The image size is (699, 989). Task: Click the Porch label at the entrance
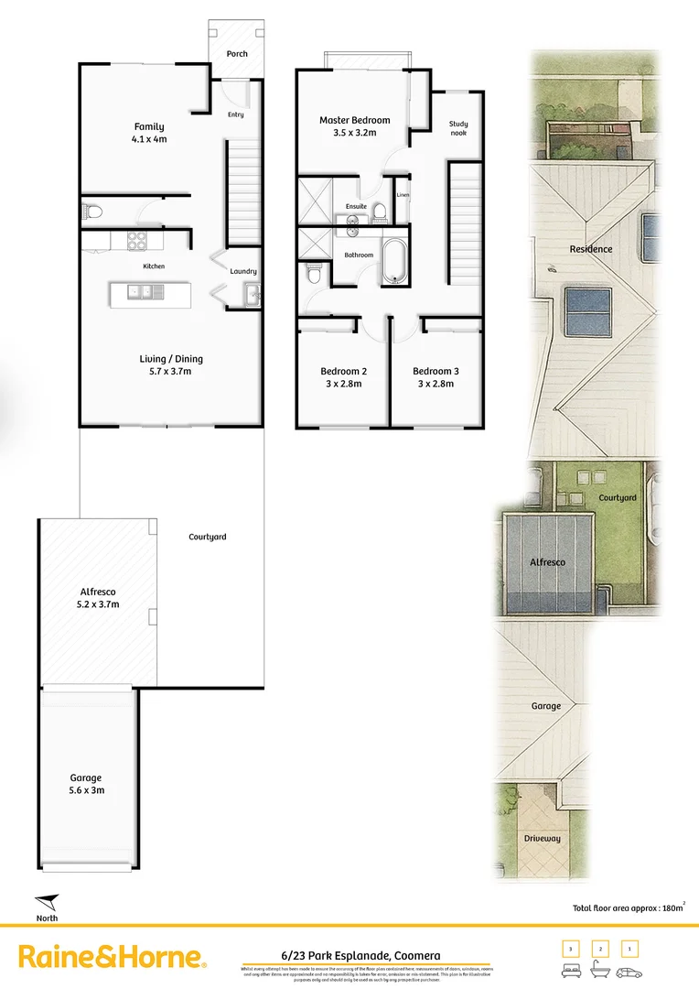237,54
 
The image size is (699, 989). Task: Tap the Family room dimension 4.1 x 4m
149,140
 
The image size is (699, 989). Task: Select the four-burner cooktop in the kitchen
137,241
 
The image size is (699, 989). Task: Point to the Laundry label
243,271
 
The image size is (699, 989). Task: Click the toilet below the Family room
92,212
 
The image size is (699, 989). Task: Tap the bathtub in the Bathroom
395,262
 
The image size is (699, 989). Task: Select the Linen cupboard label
403,195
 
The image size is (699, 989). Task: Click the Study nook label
458,128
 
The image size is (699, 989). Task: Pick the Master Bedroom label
354,120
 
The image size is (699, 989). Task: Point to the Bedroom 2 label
344,371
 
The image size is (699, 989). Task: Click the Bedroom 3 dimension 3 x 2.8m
436,384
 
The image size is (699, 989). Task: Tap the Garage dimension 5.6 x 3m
86,790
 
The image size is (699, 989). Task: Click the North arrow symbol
48,902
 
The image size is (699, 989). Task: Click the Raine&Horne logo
113,957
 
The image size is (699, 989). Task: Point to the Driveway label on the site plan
542,838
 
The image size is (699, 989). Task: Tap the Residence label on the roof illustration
591,249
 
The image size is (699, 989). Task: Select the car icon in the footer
629,972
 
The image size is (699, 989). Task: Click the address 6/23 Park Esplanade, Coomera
360,955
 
